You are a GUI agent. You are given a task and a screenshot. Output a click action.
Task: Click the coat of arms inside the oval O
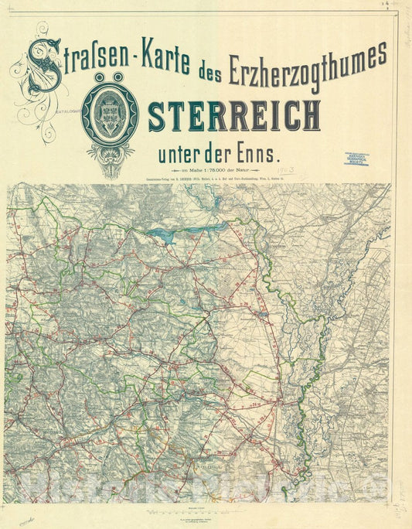click(110, 115)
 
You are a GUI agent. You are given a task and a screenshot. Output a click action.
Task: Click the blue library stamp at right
click(356, 159)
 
